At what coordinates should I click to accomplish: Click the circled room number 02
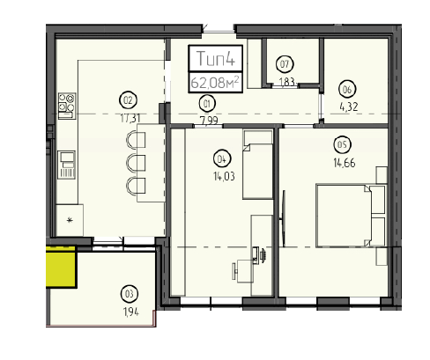(128, 100)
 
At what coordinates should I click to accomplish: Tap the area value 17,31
(130, 118)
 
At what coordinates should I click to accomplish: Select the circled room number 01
(207, 104)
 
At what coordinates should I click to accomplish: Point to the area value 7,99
(209, 121)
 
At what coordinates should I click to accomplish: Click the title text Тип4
(216, 58)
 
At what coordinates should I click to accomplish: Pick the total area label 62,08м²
(215, 82)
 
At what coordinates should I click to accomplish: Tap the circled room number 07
(285, 64)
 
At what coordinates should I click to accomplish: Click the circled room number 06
(347, 89)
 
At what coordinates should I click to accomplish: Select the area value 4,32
(349, 107)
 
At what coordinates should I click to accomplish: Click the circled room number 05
(342, 144)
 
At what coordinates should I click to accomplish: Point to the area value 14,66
(345, 163)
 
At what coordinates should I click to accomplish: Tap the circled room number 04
(222, 159)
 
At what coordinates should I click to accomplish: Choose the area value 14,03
(224, 176)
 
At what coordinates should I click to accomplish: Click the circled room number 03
(130, 294)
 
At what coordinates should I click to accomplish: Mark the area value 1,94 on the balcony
(131, 312)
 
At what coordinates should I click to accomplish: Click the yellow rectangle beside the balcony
(61, 267)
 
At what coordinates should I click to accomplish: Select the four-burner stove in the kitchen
(67, 106)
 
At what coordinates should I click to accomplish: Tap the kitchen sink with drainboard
(67, 165)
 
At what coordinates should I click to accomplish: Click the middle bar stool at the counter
(136, 163)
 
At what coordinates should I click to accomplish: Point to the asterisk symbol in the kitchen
(70, 220)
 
